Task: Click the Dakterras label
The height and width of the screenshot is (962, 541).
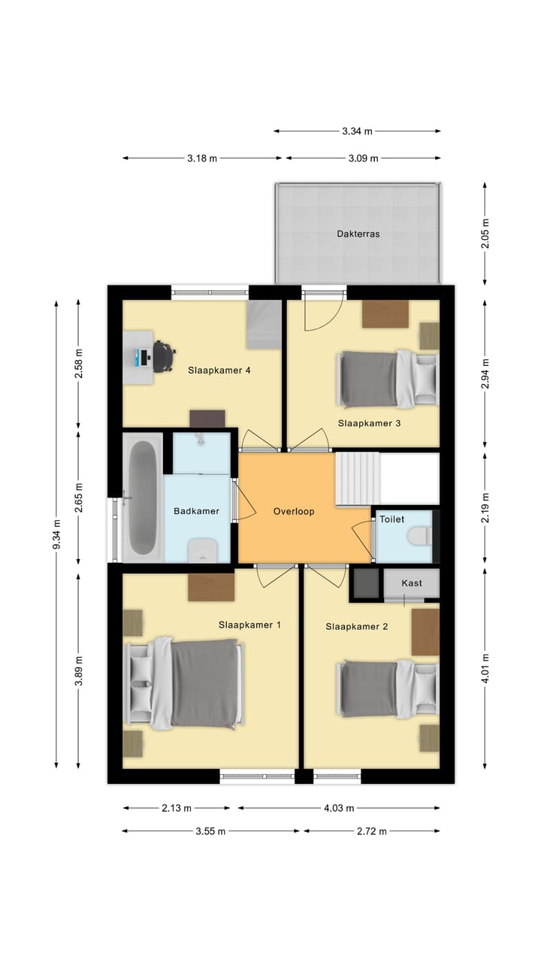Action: (358, 234)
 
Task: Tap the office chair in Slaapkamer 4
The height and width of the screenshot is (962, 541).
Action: (163, 356)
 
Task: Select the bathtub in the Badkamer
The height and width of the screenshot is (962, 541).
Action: (142, 498)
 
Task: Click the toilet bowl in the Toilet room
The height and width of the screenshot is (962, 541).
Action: (419, 536)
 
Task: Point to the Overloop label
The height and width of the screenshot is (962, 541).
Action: (293, 511)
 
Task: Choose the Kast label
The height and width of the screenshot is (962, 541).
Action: (412, 582)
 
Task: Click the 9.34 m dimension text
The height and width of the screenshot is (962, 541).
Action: (56, 534)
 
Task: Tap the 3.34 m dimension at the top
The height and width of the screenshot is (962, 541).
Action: (357, 131)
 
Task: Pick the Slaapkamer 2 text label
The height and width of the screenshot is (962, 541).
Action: (356, 626)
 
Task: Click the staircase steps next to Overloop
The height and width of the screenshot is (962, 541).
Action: (357, 478)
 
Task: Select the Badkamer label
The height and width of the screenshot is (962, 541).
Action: (196, 511)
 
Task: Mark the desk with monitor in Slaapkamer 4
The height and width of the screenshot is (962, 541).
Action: (138, 358)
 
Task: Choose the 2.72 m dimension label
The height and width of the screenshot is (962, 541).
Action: (371, 831)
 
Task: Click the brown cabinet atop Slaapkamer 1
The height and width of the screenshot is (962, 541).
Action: (211, 587)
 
